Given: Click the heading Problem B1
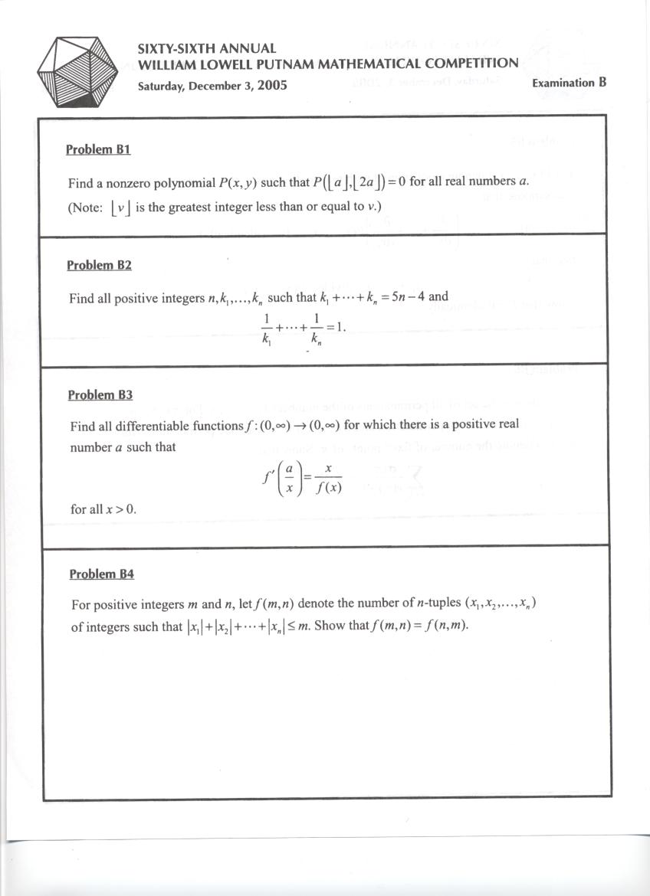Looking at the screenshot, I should (98, 149).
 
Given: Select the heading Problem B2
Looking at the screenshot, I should (99, 265).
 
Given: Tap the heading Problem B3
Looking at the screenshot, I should (100, 395).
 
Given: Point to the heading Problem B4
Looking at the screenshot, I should (101, 574).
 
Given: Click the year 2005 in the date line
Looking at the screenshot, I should (272, 85).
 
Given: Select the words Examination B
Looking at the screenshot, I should (569, 83).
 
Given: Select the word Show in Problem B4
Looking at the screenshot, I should (330, 626).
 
